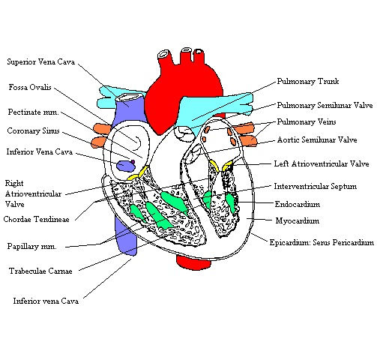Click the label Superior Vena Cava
[x=41, y=61]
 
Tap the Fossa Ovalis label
[x=30, y=87]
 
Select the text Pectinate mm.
[x=34, y=112]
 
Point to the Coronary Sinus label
[x=33, y=130]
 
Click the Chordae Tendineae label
[x=37, y=219]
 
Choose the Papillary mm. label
[x=32, y=247]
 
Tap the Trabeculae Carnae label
[x=40, y=271]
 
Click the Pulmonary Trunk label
[x=308, y=81]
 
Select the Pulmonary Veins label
[x=307, y=122]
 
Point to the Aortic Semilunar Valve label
[x=317, y=139]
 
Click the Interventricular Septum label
[x=316, y=186]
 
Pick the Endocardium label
[x=298, y=204]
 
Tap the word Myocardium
[x=298, y=220]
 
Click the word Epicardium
[x=289, y=242]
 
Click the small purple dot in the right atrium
[x=133, y=162]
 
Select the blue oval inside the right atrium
[x=126, y=166]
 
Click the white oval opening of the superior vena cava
[x=127, y=97]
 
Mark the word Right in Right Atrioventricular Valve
[x=14, y=183]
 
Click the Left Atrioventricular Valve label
[x=322, y=164]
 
